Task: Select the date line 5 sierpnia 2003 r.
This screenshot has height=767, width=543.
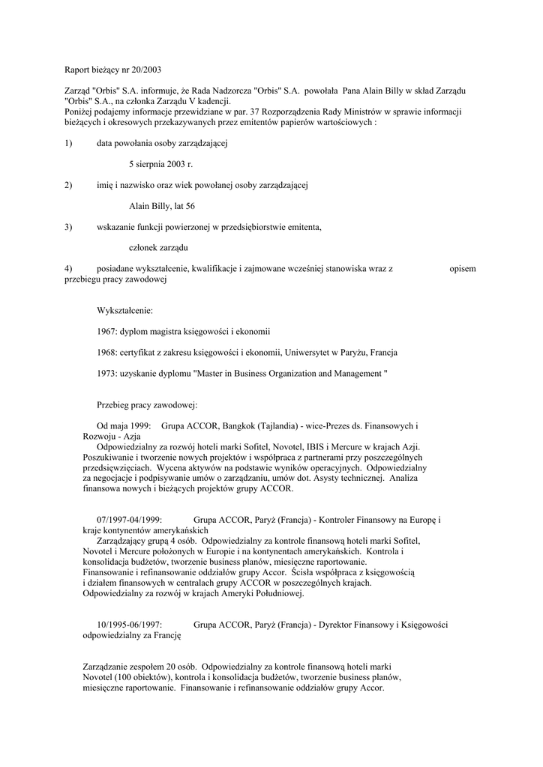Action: [x=160, y=163]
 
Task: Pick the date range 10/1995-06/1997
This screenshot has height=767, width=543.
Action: [x=130, y=624]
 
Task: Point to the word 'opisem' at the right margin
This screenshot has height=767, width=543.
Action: [x=462, y=268]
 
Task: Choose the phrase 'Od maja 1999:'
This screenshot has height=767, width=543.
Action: [x=124, y=425]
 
